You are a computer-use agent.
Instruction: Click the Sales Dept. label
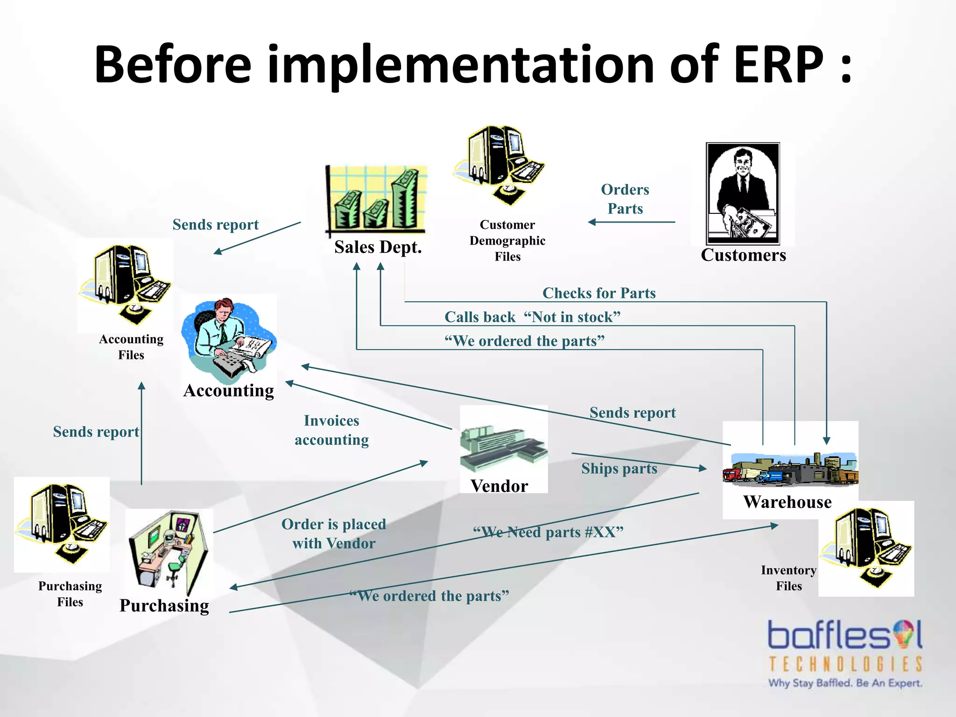click(x=378, y=247)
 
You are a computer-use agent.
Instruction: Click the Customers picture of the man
click(x=743, y=193)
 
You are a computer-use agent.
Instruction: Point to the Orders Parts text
click(x=625, y=199)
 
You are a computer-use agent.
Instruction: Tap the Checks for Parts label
click(x=599, y=293)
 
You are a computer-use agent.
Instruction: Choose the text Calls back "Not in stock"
click(x=532, y=317)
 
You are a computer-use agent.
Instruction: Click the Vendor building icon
click(x=503, y=447)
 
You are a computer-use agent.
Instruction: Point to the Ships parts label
click(x=619, y=468)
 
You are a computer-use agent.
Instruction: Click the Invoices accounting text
click(x=331, y=430)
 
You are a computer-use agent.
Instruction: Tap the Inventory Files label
click(x=788, y=578)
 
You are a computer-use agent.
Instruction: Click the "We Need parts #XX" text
click(x=548, y=532)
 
